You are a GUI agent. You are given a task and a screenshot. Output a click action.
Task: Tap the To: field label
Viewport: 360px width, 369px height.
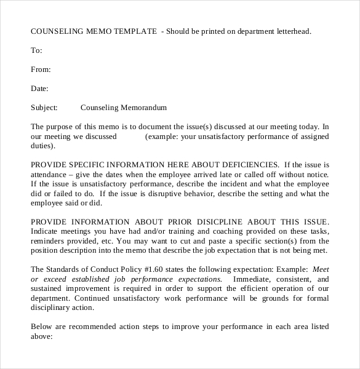[x=36, y=50]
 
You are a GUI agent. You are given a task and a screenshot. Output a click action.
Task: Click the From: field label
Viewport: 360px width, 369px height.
[x=41, y=69]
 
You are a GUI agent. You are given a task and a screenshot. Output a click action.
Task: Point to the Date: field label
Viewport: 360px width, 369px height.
[x=39, y=88]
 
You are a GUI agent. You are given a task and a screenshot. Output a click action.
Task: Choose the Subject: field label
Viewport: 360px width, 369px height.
[x=44, y=107]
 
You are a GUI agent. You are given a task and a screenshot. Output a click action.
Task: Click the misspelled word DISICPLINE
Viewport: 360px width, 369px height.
[x=207, y=222]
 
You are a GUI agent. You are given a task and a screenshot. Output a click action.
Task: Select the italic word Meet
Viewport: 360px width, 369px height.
[x=321, y=269]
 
